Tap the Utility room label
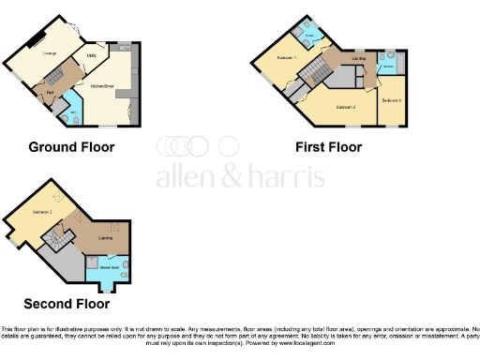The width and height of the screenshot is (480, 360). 92,56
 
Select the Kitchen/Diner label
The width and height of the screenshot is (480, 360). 102,84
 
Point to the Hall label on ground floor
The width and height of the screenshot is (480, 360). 47,92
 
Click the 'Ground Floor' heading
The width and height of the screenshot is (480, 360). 71,147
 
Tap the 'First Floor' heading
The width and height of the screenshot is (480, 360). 328,147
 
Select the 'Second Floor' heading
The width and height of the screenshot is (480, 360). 66,304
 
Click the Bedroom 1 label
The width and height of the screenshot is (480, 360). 287,58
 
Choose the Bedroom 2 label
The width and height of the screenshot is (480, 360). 345,106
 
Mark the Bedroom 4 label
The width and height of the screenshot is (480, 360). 392,99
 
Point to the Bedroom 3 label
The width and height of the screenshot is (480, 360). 42,212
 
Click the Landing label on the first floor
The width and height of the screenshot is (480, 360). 358,59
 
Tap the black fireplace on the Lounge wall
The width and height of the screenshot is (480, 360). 35,38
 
